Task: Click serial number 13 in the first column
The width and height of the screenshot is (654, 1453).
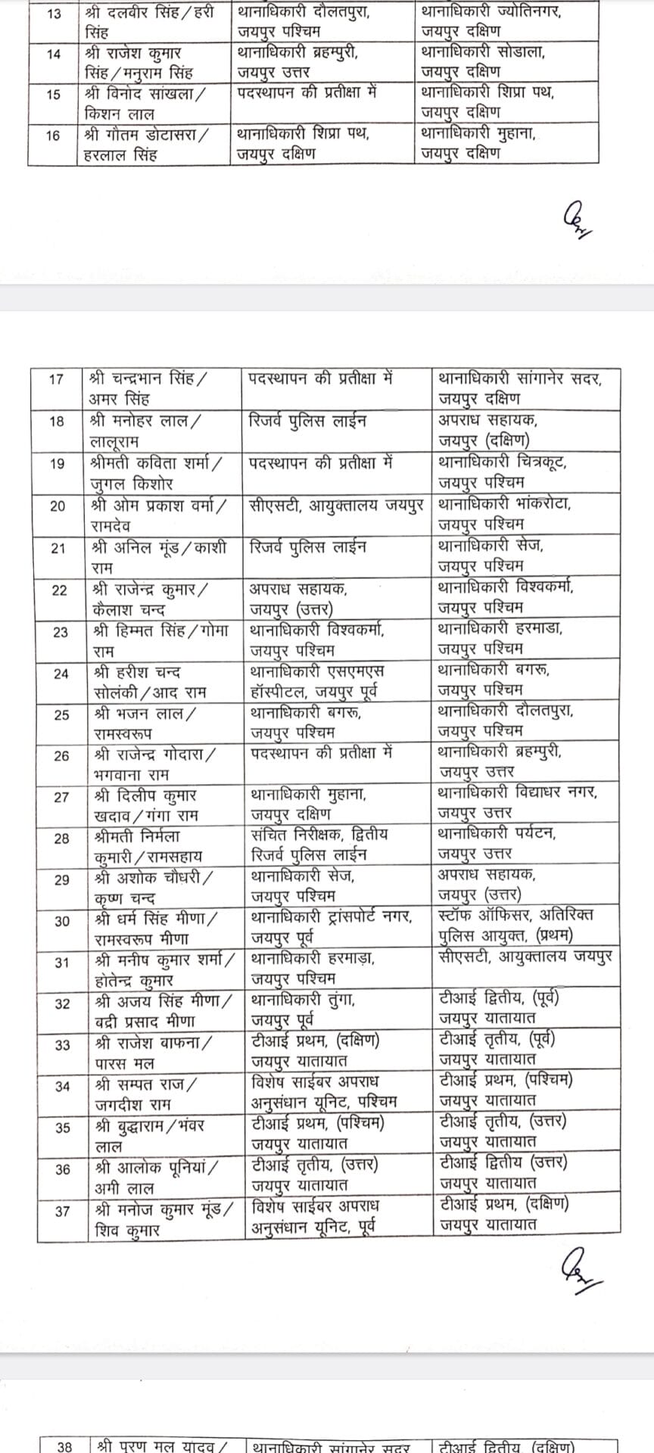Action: [x=54, y=14]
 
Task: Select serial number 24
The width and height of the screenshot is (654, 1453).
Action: [x=60, y=674]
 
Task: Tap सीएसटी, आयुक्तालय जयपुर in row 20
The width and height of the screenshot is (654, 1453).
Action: [x=336, y=505]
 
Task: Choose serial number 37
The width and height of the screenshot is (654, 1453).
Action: [x=62, y=1211]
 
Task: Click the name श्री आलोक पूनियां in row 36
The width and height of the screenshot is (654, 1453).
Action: [x=156, y=1168]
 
